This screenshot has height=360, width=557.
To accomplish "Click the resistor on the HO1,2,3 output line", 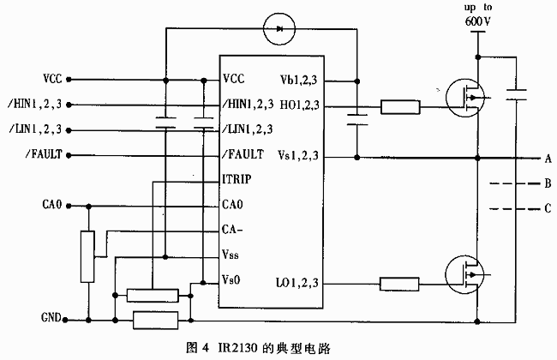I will pos(400,107).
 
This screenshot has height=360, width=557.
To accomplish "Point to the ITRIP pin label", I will pos(237,181).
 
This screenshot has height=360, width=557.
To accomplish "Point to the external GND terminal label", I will pos(51,318).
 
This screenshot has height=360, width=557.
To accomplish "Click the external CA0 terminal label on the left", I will pos(52,206).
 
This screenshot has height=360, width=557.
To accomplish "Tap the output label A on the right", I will pos(547,159).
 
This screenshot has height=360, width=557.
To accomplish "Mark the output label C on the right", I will pos(547,208).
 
